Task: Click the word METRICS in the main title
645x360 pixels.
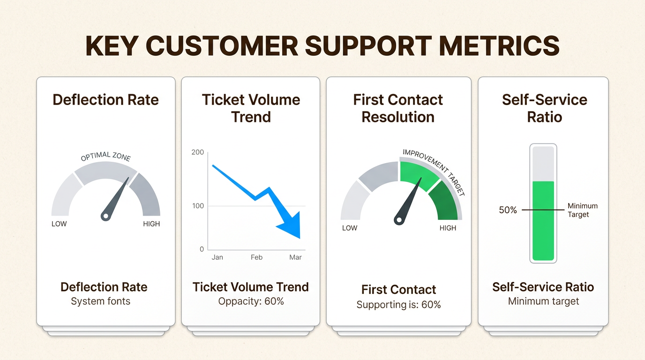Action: (499, 46)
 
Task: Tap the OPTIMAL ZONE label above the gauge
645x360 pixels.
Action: (105, 157)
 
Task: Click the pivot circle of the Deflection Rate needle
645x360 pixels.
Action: (105, 216)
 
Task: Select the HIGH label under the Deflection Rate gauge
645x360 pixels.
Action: (151, 224)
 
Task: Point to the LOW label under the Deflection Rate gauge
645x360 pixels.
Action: (59, 224)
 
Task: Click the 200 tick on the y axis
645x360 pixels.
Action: (197, 152)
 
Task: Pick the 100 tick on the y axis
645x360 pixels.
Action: (198, 206)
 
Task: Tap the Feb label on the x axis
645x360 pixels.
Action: (256, 257)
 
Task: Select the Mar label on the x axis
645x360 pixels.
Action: (295, 257)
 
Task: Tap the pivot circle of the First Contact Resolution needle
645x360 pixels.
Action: (399, 220)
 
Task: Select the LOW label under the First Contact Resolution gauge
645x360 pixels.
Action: (350, 228)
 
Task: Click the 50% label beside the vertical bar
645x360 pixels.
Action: (508, 210)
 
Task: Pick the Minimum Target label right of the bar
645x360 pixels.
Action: (583, 210)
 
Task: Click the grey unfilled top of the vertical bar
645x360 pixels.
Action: (543, 164)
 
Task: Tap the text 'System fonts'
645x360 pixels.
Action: (100, 301)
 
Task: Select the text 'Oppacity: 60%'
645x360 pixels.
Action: (251, 301)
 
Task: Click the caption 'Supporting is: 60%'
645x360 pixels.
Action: (398, 305)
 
